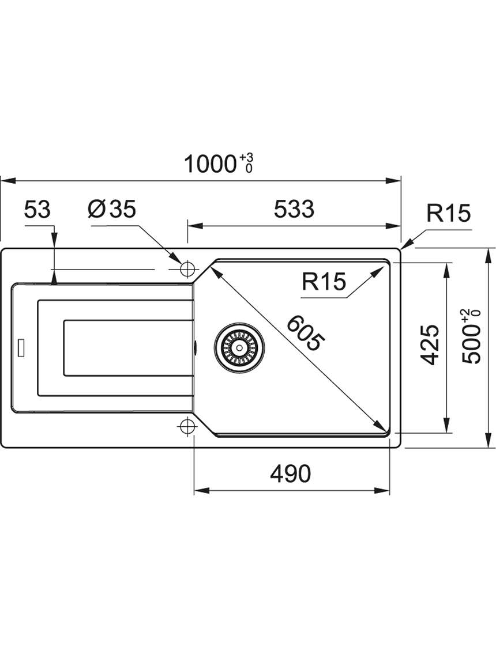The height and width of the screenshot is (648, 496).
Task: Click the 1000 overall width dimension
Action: click(x=210, y=164)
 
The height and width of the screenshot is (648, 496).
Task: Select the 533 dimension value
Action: click(x=294, y=209)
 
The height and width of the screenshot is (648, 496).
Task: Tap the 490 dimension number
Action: click(x=290, y=474)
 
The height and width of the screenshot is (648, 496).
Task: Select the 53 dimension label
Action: click(x=37, y=209)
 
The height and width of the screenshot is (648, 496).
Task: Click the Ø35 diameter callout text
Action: click(x=112, y=209)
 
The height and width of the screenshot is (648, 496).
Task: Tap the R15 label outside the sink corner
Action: click(x=449, y=213)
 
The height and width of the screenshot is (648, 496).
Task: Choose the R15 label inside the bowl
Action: click(x=324, y=282)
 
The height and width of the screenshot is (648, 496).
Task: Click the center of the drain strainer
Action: click(x=239, y=347)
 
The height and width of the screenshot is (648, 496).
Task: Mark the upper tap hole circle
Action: click(x=187, y=268)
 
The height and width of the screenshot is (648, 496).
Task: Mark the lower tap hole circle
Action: click(x=187, y=426)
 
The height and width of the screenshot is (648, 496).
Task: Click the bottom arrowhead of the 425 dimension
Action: click(x=446, y=425)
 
